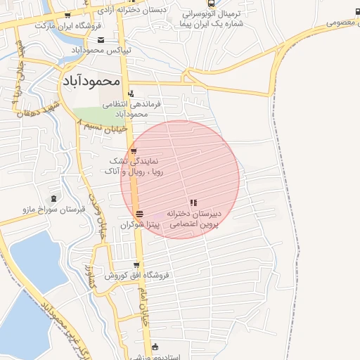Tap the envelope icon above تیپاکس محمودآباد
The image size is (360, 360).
coord(101,39)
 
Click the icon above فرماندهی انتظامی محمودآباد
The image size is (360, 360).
coord(131,93)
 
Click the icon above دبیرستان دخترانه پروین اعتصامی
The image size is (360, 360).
coord(193,202)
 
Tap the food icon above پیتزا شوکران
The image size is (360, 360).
coord(139,213)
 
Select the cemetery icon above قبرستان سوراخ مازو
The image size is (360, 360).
coord(54,198)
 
